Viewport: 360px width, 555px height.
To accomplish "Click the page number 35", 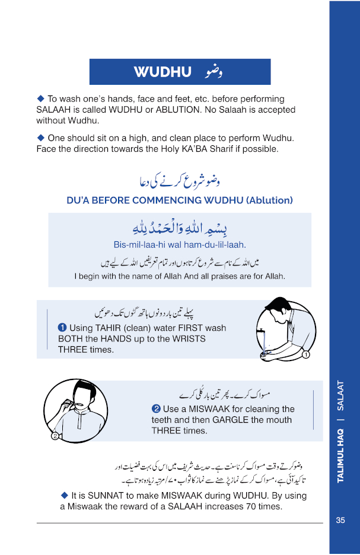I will point(340,520).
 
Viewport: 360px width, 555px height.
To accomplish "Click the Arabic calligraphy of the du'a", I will point(180,227).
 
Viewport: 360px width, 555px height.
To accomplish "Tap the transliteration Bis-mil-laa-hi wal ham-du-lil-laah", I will point(180,244).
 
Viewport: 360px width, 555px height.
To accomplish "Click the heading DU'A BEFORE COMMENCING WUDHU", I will point(180,200).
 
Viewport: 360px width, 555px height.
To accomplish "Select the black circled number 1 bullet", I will point(62,327).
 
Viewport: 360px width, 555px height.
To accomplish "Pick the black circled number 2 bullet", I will point(156,409).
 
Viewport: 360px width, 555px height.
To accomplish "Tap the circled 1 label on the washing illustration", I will point(306,355).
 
